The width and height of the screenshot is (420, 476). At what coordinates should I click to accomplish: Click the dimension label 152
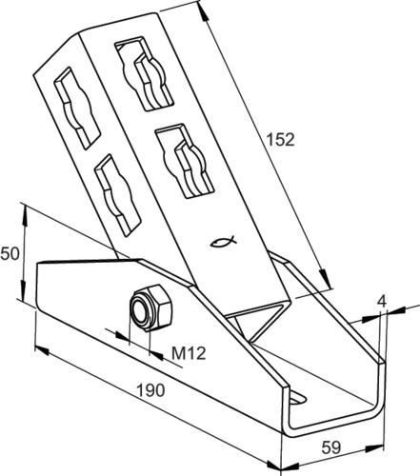280,140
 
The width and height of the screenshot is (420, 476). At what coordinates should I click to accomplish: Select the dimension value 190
150,390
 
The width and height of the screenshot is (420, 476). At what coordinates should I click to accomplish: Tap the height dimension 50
10,254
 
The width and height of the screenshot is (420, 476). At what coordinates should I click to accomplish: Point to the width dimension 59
331,447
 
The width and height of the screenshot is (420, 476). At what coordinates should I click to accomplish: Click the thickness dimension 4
383,301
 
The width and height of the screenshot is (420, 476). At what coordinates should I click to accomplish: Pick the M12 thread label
189,353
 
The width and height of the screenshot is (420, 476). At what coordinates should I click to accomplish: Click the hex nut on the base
151,307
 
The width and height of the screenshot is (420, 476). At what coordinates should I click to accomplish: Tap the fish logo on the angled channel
224,242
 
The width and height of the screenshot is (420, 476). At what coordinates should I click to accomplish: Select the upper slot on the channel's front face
144,73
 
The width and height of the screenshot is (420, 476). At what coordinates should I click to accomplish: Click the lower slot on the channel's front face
185,161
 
